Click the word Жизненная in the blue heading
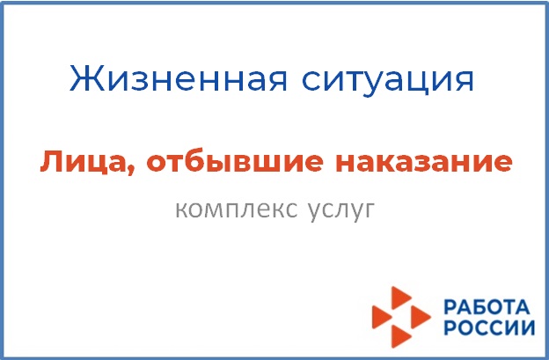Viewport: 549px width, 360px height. pos(179,78)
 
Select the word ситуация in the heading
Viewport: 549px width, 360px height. pos(387,81)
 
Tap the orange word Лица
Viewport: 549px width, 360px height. pos(87,163)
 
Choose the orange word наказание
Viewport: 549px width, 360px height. pos(424,162)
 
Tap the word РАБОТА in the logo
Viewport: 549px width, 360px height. pos(486,306)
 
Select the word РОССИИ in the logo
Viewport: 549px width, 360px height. pos(489,328)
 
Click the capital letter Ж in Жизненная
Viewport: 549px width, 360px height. pos(87,78)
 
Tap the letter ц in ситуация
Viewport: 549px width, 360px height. pos(419,83)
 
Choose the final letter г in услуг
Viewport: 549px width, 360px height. pos(369,210)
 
